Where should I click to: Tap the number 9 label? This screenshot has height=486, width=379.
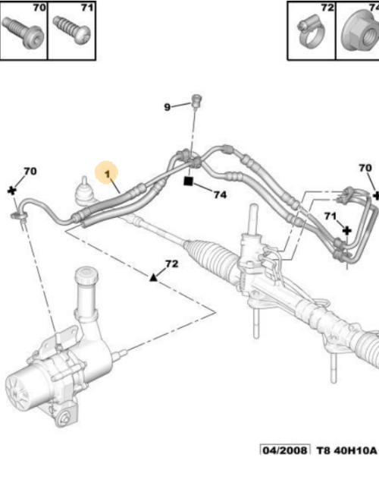(x=168, y=107)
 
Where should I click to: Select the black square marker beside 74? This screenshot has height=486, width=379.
(x=189, y=181)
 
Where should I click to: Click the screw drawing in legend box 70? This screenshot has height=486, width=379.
(x=22, y=33)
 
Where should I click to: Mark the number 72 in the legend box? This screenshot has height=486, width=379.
(x=327, y=8)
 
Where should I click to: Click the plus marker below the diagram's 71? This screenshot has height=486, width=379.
(x=346, y=229)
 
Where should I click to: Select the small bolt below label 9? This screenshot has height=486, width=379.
(x=196, y=99)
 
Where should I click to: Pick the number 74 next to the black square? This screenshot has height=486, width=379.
(x=220, y=194)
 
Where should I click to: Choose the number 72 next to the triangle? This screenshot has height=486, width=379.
(x=171, y=264)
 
